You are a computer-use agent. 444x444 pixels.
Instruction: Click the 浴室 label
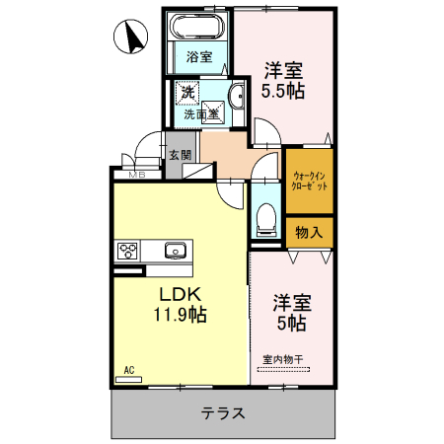(199, 56)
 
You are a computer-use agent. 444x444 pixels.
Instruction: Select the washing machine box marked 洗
(187, 94)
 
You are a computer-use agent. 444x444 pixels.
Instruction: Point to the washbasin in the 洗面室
(238, 96)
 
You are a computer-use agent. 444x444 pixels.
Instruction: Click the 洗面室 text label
(201, 114)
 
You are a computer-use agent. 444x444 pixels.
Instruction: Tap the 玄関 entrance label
(179, 155)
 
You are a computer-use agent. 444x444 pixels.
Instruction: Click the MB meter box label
(138, 176)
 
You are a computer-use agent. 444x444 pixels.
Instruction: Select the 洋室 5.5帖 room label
(282, 81)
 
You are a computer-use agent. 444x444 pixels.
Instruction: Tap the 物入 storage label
(309, 232)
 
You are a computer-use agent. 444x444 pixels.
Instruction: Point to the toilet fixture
(264, 219)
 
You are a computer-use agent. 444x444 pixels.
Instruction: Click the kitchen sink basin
(175, 250)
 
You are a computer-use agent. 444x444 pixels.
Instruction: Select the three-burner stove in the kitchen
(128, 251)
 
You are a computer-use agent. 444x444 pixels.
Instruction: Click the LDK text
(178, 295)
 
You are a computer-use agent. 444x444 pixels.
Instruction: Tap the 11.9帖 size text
(179, 315)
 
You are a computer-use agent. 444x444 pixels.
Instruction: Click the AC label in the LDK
(128, 371)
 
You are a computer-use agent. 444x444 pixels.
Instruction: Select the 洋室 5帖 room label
(290, 313)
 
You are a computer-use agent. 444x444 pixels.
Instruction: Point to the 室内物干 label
(284, 358)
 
